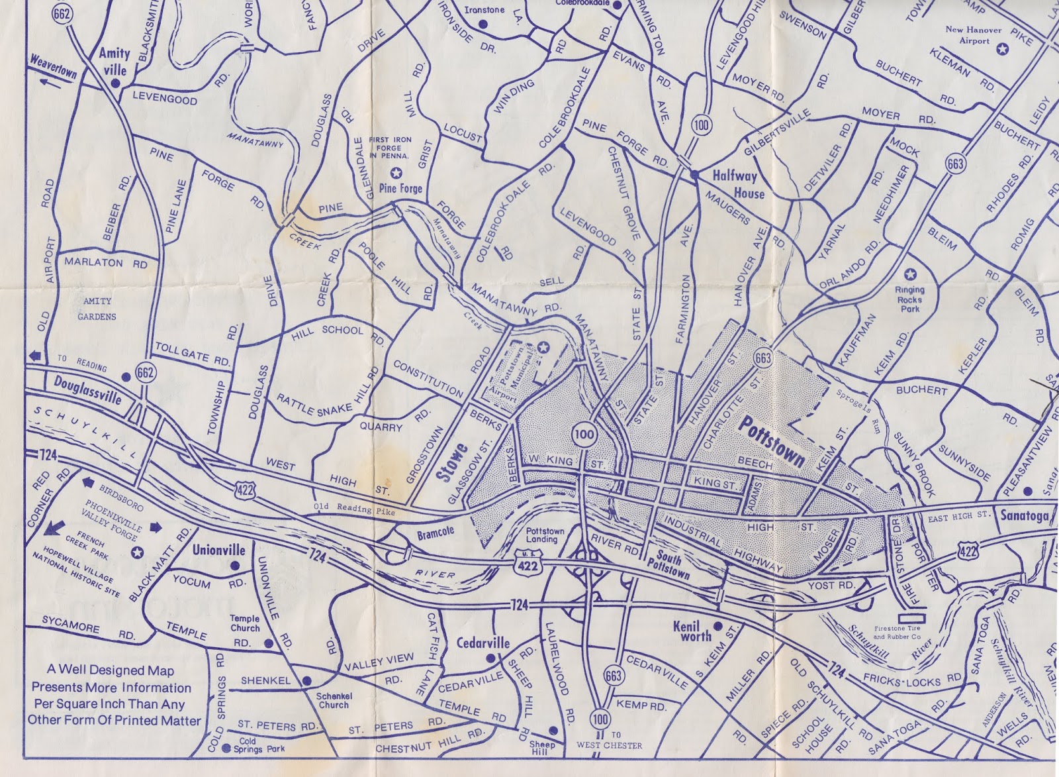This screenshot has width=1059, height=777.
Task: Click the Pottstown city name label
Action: pyautogui.click(x=772, y=442)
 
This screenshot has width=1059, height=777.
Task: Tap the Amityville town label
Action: pyautogui.click(x=114, y=61)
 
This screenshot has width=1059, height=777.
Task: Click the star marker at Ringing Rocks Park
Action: pyautogui.click(x=910, y=274)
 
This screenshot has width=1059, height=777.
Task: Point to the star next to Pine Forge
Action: pyautogui.click(x=396, y=173)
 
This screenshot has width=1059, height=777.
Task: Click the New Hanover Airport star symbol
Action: pyautogui.click(x=1003, y=48)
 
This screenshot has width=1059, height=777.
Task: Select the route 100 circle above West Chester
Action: pyautogui.click(x=600, y=719)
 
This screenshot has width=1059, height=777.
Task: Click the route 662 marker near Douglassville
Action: pyautogui.click(x=145, y=372)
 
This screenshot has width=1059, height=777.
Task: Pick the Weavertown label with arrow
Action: pyautogui.click(x=54, y=68)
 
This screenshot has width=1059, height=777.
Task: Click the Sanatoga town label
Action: pyautogui.click(x=1024, y=515)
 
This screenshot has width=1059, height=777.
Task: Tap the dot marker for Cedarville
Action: pyautogui.click(x=490, y=658)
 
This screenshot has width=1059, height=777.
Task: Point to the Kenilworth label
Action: pyautogui.click(x=692, y=631)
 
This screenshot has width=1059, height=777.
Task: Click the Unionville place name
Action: pyautogui.click(x=218, y=550)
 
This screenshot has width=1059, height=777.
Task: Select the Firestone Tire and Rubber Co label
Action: pyautogui.click(x=896, y=633)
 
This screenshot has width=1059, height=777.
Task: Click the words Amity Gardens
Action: pyautogui.click(x=97, y=309)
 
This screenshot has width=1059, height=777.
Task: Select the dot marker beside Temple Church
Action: pyautogui.click(x=269, y=643)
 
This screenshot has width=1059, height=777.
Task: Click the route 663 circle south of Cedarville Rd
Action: pyautogui.click(x=613, y=675)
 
